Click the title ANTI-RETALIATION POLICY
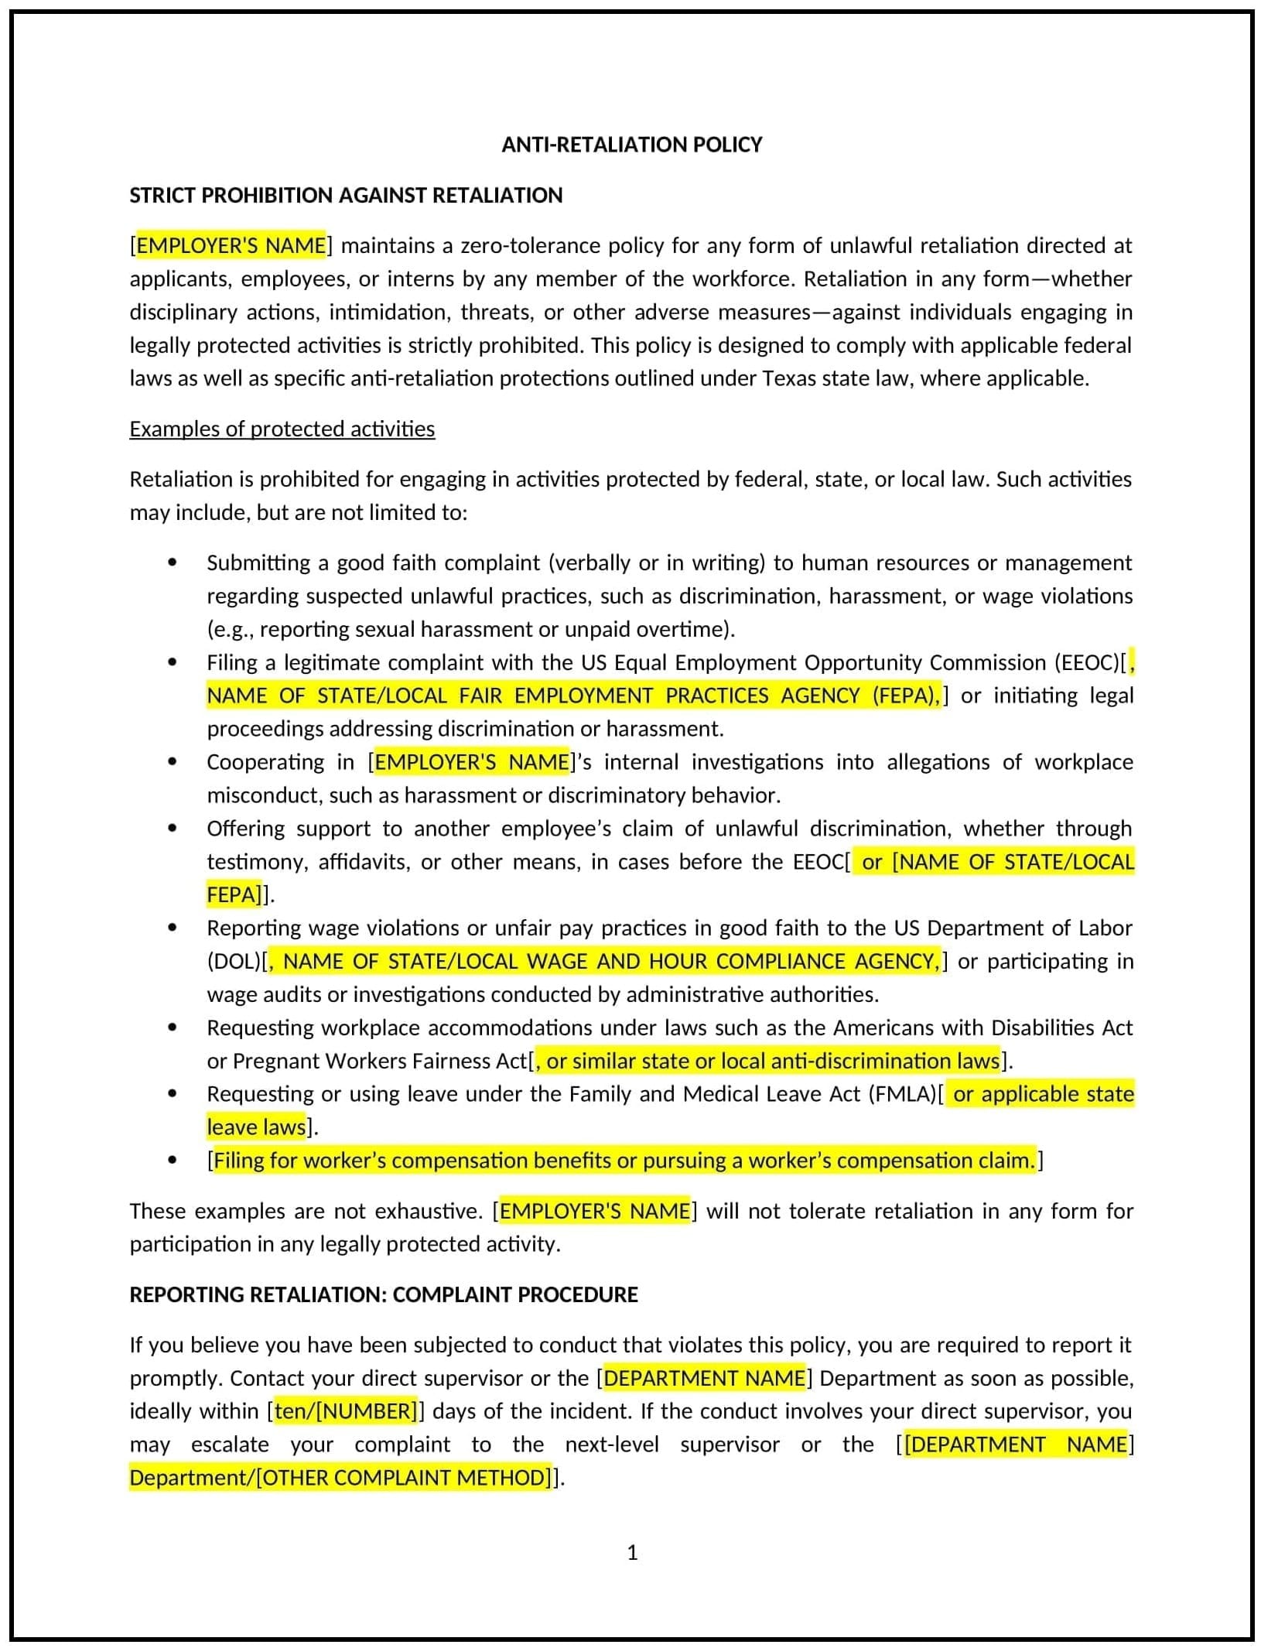631,145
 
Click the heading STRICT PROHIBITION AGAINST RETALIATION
346,195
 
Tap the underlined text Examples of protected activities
282,429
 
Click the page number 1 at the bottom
632,1553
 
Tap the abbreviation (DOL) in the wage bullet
234,961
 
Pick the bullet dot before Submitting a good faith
172,562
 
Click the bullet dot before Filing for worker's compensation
172,1161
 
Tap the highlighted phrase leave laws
256,1127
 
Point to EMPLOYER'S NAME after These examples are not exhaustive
594,1211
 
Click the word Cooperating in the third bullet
265,762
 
